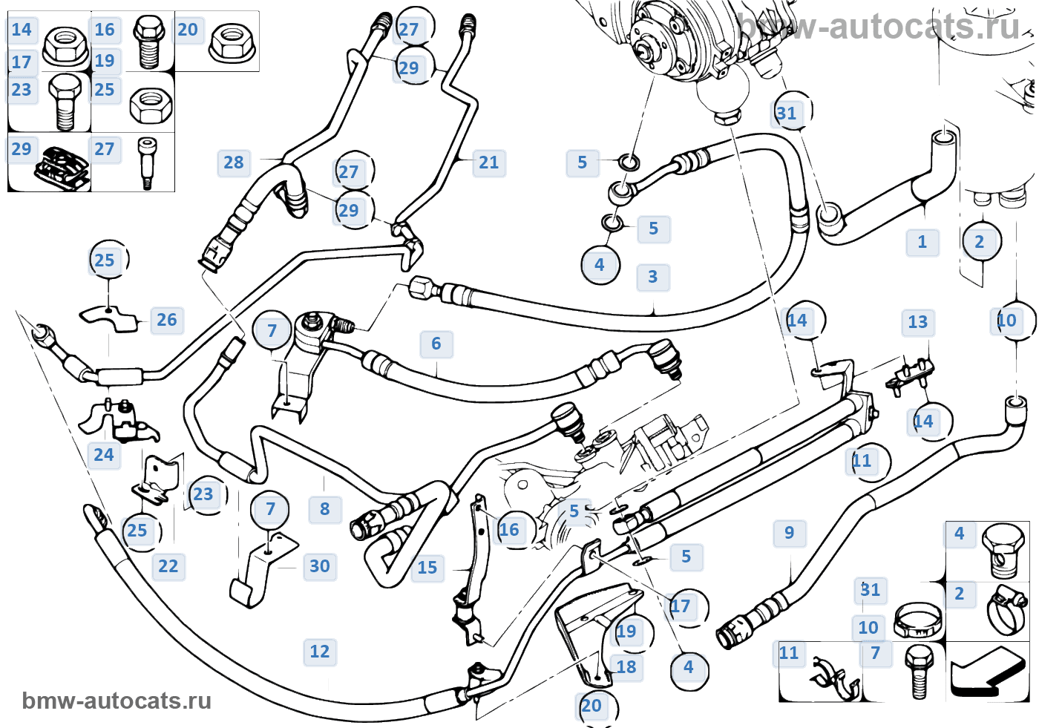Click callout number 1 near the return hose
point(922,242)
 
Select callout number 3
point(653,277)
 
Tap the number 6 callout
point(436,344)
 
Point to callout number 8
point(325,509)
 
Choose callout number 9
point(790,533)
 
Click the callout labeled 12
point(320,652)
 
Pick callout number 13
point(918,322)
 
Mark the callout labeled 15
point(427,568)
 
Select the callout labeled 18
point(626,667)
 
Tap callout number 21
point(489,163)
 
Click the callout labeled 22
point(168,566)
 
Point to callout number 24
point(104,455)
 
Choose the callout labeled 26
point(167,320)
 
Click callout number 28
point(234,163)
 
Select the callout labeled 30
point(320,566)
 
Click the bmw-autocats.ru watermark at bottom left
point(117,701)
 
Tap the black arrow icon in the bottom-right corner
point(987,672)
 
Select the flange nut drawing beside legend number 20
point(232,42)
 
